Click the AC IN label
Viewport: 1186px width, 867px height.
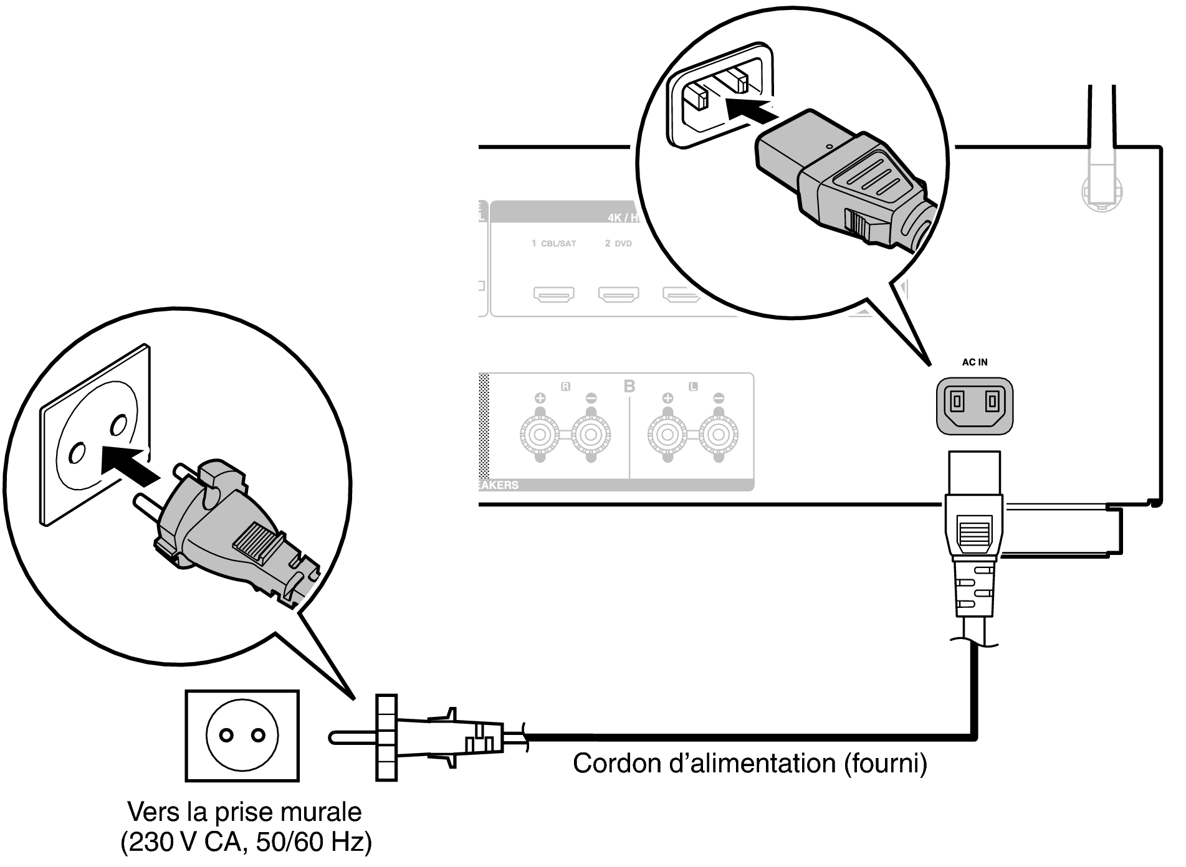[974, 362]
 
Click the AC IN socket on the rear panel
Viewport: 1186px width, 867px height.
[974, 405]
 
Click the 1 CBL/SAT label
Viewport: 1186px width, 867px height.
[553, 244]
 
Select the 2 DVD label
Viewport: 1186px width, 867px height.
[618, 244]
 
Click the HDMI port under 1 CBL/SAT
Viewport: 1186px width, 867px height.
[553, 294]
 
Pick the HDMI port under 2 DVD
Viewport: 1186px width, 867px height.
[618, 294]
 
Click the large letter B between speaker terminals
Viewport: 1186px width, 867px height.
[629, 386]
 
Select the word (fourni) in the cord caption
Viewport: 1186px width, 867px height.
[885, 764]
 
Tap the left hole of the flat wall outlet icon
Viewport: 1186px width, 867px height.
[227, 736]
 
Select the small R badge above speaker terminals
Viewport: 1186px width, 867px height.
[565, 386]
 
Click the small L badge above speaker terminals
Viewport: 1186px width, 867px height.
[692, 386]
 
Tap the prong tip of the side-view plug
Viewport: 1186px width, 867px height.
[334, 737]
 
